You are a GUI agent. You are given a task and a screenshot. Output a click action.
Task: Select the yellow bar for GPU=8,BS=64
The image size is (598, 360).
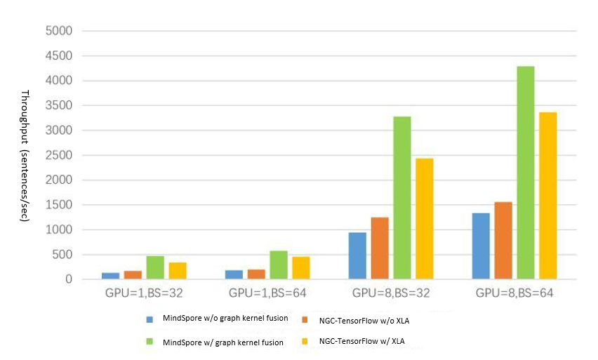547,196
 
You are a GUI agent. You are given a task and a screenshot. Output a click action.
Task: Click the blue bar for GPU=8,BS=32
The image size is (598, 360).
358,256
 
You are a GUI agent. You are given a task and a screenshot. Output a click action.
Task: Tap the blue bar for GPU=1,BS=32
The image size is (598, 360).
111,276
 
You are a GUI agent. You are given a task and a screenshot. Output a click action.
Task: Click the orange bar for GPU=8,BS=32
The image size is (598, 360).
380,248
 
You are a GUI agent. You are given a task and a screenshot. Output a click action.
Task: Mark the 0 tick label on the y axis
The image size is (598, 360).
68,280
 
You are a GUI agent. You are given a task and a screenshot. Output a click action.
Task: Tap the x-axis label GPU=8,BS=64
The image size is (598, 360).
514,293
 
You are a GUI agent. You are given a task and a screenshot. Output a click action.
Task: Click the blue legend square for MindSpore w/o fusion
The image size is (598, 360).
149,319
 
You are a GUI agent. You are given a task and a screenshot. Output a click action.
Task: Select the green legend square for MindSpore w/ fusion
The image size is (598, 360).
149,342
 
